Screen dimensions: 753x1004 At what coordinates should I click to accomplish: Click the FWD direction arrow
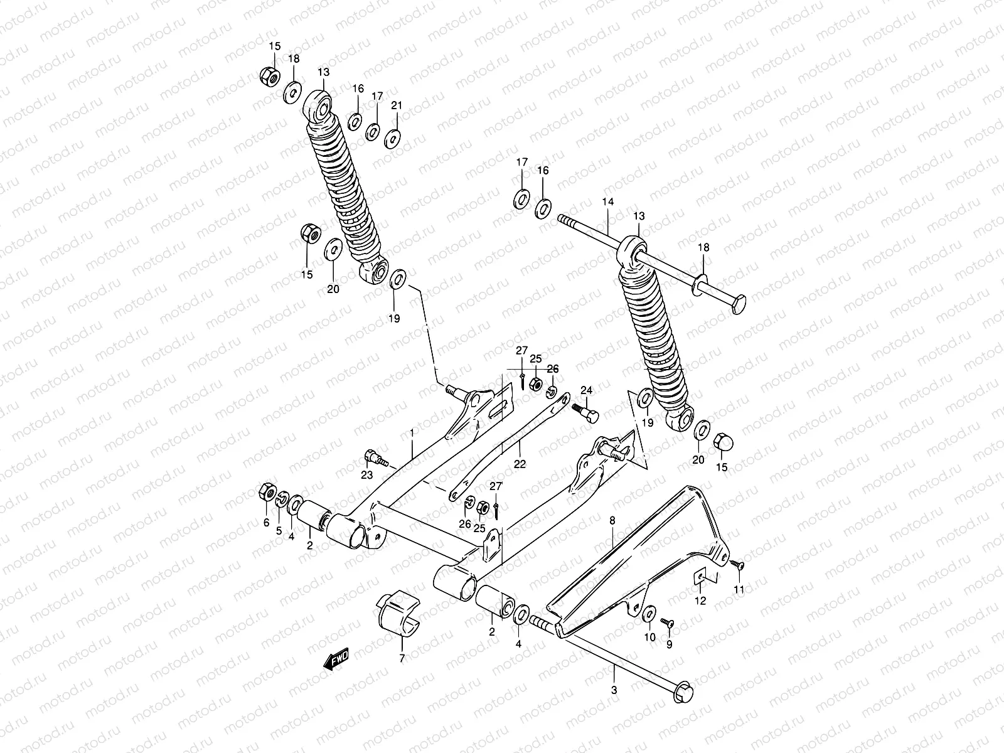(x=336, y=660)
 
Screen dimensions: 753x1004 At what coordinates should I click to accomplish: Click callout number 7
(x=402, y=658)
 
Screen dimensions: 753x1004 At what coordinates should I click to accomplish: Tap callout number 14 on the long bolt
(x=607, y=202)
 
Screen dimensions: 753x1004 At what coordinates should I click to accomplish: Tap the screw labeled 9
(x=666, y=622)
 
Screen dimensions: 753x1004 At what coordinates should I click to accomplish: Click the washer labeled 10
(x=650, y=612)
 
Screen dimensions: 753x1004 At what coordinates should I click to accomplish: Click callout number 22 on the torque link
(x=520, y=464)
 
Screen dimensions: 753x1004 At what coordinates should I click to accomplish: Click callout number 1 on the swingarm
(x=412, y=433)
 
